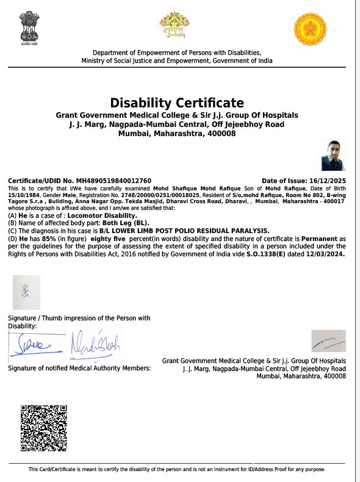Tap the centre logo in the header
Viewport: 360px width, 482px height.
coord(171,27)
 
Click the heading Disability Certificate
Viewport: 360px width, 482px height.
coord(176,103)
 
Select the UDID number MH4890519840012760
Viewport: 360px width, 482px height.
coord(112,181)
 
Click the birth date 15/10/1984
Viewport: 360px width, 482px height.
coord(22,194)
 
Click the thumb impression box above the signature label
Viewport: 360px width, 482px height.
coord(26,292)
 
